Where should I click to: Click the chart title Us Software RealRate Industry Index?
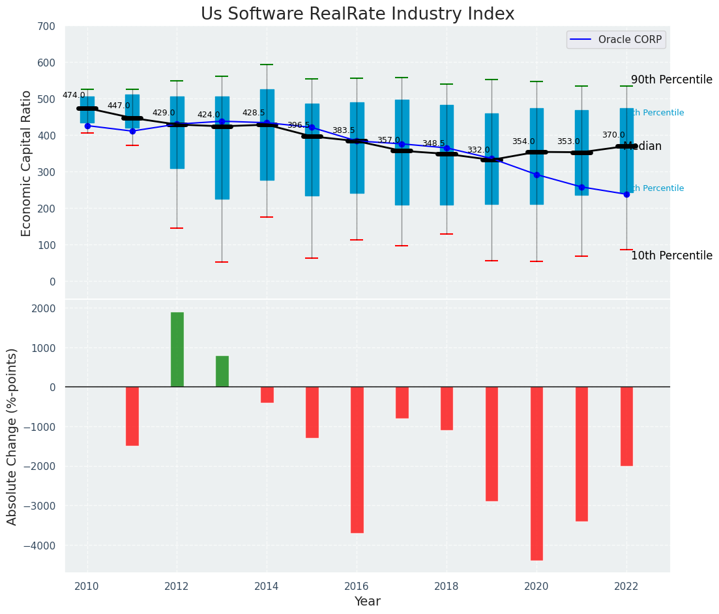[357, 14]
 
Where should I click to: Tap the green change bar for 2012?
[177, 349]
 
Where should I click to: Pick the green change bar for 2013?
[222, 372]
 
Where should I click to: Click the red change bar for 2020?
[536, 473]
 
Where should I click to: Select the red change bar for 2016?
[357, 460]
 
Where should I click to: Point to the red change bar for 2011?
[132, 416]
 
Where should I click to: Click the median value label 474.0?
[74, 95]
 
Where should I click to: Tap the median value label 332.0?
[478, 150]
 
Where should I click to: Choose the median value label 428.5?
[254, 113]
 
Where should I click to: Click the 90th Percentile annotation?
[671, 80]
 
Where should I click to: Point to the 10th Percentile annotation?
[671, 256]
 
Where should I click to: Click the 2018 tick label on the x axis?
[447, 587]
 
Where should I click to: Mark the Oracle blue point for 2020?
[536, 175]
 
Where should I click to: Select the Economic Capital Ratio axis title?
[27, 162]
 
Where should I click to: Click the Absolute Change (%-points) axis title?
[12, 436]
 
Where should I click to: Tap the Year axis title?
[367, 602]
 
